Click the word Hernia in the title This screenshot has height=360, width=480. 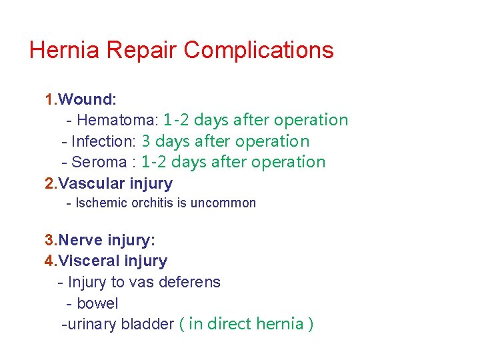[63, 50]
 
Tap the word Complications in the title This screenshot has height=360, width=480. [259, 51]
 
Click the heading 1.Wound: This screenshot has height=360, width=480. [81, 99]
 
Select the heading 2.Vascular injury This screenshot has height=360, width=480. [109, 183]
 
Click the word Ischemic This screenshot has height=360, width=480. [99, 203]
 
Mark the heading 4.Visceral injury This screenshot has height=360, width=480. [106, 261]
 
